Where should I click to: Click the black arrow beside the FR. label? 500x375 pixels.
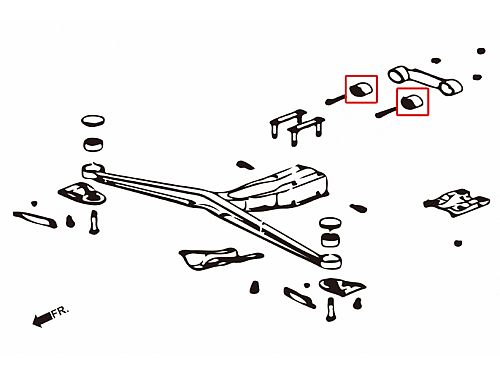click(x=42, y=319)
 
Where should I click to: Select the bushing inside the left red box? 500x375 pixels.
click(x=361, y=89)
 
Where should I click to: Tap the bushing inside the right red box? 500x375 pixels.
click(x=412, y=101)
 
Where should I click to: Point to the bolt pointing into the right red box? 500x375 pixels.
click(x=387, y=112)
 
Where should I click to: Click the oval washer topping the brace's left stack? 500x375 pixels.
click(x=93, y=121)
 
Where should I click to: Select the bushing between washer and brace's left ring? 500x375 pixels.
click(x=93, y=144)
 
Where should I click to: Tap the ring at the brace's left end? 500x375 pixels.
click(x=93, y=170)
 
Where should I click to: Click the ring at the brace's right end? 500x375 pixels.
click(x=331, y=260)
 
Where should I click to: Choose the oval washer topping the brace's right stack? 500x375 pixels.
click(x=330, y=223)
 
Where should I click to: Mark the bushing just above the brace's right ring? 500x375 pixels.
click(x=330, y=240)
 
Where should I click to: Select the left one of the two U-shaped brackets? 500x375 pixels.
click(x=287, y=123)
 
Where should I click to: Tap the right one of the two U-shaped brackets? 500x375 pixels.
click(x=306, y=131)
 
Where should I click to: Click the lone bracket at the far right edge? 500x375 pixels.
click(x=456, y=202)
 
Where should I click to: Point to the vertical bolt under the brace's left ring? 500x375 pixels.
click(x=94, y=222)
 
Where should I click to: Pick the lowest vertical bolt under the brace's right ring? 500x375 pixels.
click(x=330, y=309)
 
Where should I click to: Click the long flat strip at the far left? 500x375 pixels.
click(x=35, y=219)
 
